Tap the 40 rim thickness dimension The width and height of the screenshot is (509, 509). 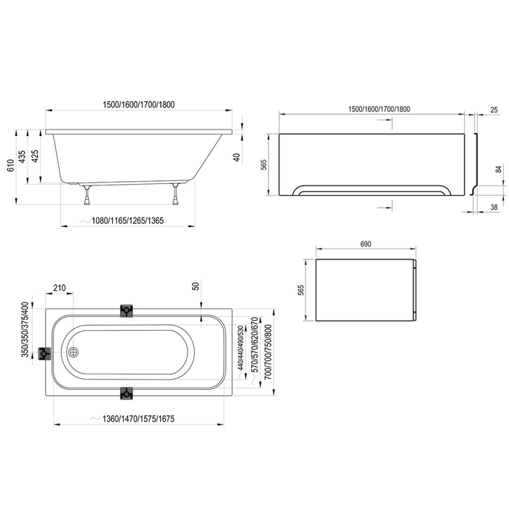[x=237, y=158]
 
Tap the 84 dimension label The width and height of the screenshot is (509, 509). [x=498, y=169]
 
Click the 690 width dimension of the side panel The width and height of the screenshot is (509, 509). [x=366, y=244]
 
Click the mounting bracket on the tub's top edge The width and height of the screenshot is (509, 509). [x=127, y=310]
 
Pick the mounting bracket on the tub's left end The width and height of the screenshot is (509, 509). [x=46, y=354]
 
